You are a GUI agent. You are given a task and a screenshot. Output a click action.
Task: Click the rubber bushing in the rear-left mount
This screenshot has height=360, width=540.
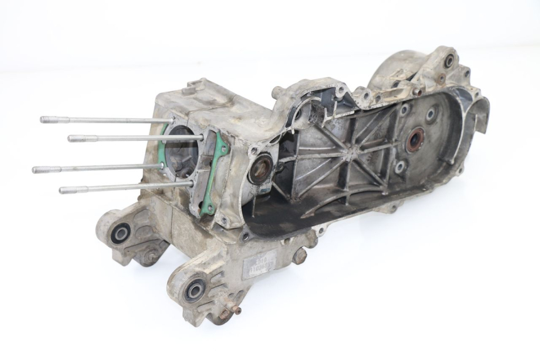[x=120, y=234]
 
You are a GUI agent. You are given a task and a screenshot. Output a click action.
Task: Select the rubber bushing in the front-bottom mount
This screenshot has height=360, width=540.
[x=195, y=290]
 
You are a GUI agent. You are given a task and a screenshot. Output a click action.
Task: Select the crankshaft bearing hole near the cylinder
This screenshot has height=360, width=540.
[x=261, y=168]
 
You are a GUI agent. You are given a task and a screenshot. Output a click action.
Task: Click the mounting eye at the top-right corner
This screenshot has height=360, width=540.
[x=450, y=61]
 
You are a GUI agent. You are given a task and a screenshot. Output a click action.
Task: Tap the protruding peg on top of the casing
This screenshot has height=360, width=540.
[x=275, y=92]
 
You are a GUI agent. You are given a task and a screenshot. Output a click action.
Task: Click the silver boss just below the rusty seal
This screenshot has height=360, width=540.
[x=400, y=166]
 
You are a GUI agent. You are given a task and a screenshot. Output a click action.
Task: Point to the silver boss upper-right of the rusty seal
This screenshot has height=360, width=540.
[x=431, y=115]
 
